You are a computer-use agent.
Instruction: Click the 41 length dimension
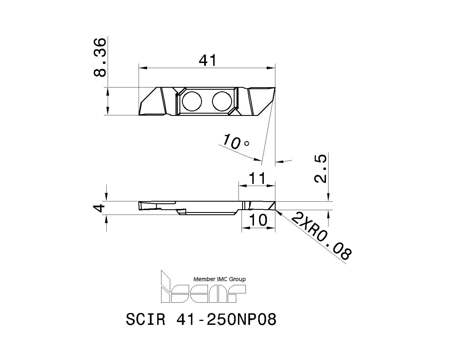[208, 60]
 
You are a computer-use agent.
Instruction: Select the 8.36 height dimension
[100, 57]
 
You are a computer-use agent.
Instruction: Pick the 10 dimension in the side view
[258, 220]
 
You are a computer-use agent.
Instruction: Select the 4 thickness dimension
[99, 208]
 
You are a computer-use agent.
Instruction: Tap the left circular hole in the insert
[192, 101]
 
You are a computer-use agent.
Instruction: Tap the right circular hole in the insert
[222, 101]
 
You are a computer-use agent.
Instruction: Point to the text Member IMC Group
[219, 279]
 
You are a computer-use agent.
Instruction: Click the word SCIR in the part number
[145, 319]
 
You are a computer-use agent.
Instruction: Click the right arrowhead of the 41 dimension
[271, 68]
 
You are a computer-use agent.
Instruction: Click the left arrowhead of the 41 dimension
[143, 68]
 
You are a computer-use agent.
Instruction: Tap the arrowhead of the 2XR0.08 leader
[278, 213]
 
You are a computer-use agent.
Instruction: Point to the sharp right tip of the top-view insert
[274, 88]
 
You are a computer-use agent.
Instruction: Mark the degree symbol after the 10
[247, 143]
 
